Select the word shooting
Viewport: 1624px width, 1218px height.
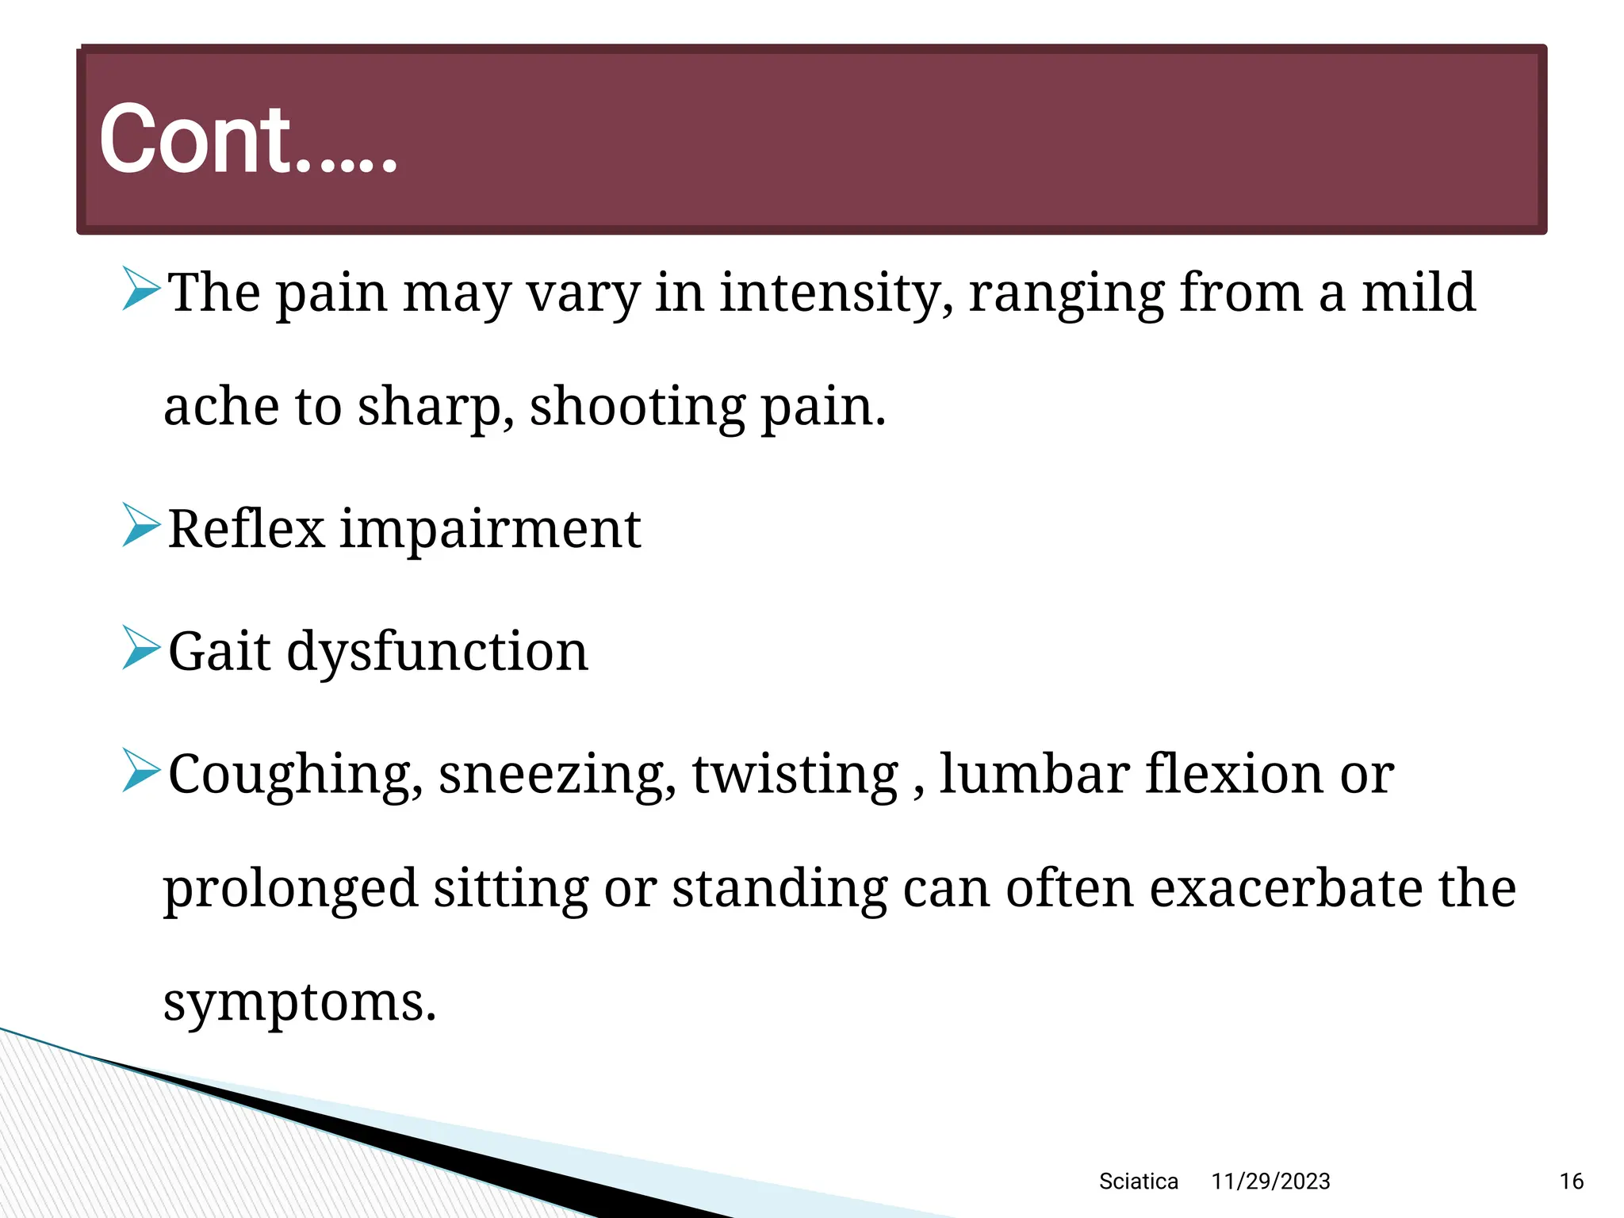tap(638, 406)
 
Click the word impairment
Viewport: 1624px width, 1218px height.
tap(490, 530)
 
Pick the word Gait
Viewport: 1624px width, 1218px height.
tap(220, 651)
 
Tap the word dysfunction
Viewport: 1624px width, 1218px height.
tap(437, 652)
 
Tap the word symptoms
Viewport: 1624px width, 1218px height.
tap(300, 1003)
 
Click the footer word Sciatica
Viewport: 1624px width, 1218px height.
tap(1138, 1182)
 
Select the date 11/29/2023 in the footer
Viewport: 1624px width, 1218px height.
tap(1270, 1182)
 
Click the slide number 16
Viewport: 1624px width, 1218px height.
tap(1571, 1182)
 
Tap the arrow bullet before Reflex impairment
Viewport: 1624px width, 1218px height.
tap(142, 525)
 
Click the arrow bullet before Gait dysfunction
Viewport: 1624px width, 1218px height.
tap(142, 647)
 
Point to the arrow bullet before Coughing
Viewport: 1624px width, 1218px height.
tap(142, 770)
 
